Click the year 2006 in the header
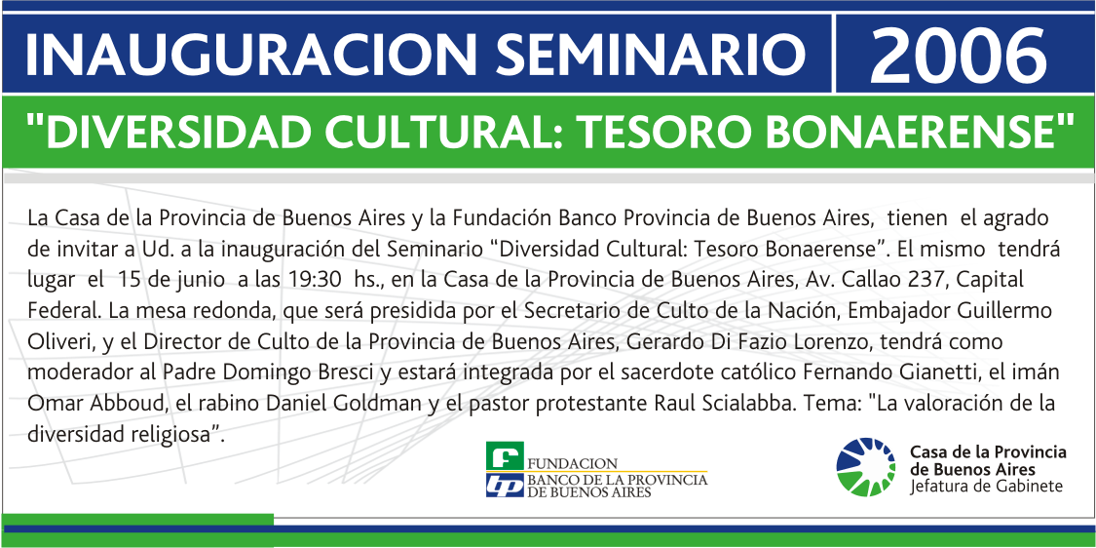(x=958, y=53)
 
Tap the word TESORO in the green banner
(x=698, y=131)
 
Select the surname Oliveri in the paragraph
(x=57, y=343)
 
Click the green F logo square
(x=505, y=455)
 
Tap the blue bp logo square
(x=505, y=485)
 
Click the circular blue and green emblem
(x=865, y=466)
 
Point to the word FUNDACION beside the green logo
(x=573, y=463)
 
